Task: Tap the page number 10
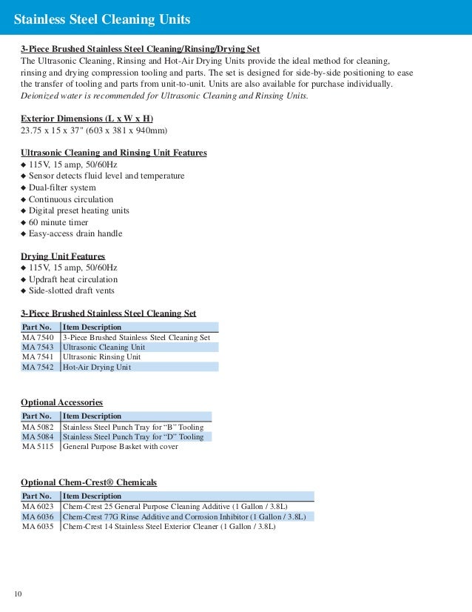(19, 594)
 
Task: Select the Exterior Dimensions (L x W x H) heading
(87, 119)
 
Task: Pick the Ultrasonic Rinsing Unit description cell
(101, 356)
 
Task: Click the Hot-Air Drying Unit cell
(97, 367)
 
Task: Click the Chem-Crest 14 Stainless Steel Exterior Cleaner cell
(169, 527)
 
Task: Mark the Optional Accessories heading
(61, 402)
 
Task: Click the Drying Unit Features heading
(63, 256)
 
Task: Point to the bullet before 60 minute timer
(24, 222)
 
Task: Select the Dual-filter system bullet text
(62, 187)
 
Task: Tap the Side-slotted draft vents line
(72, 290)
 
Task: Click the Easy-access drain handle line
(75, 233)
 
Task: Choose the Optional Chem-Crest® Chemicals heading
(89, 482)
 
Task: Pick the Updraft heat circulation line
(73, 279)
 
